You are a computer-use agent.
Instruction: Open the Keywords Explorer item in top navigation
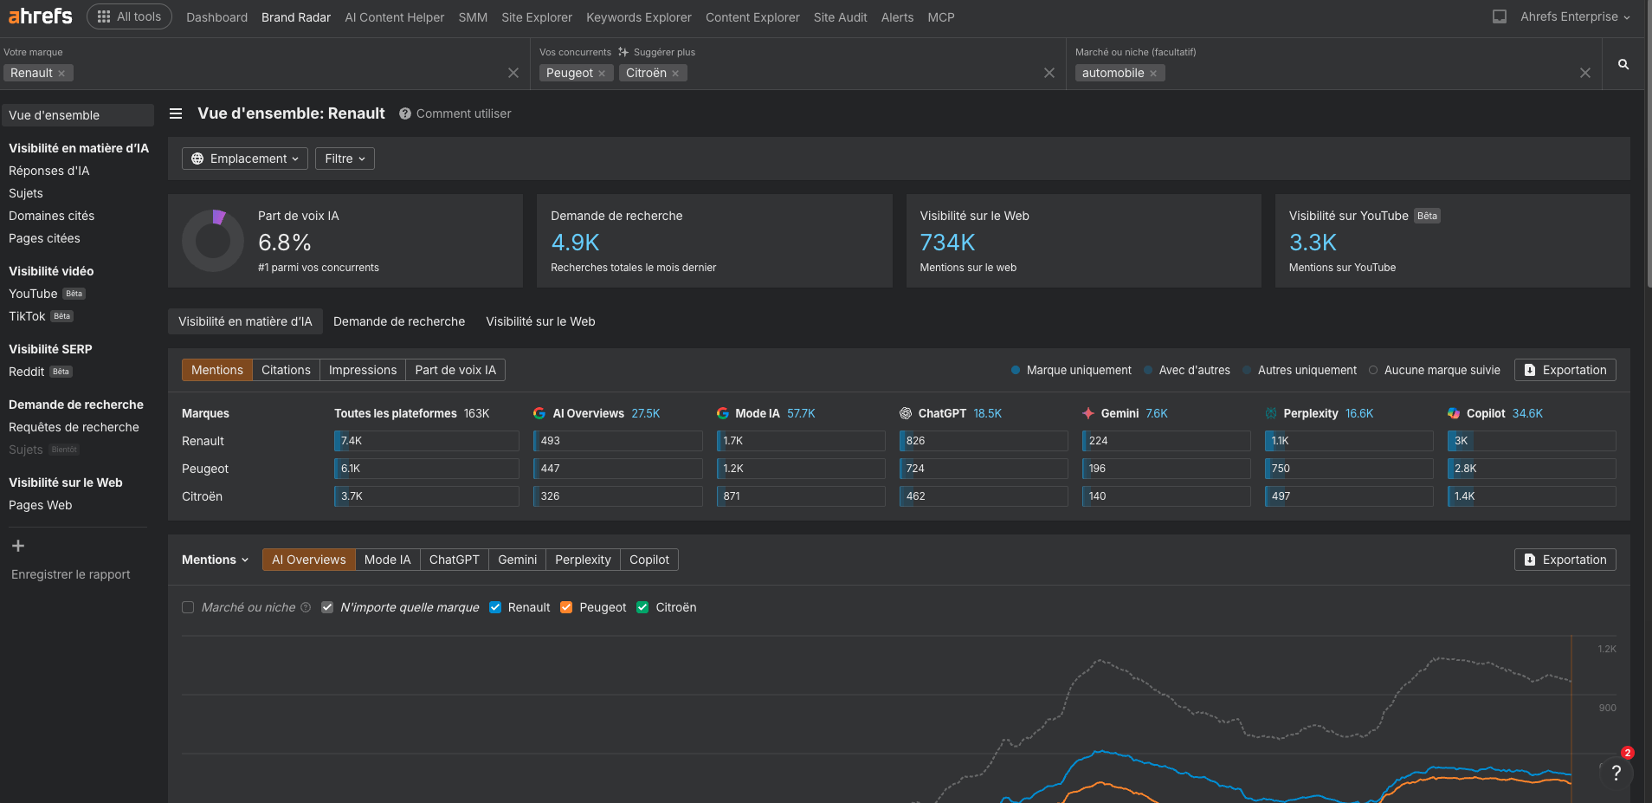click(x=638, y=17)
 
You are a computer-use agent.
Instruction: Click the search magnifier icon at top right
click(x=1623, y=64)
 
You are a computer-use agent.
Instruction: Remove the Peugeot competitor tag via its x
click(x=602, y=74)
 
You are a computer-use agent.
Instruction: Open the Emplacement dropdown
click(x=245, y=159)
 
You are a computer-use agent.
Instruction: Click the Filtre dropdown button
click(x=345, y=159)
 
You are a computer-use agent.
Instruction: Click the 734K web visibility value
click(x=947, y=243)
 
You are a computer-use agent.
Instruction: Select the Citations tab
click(x=286, y=370)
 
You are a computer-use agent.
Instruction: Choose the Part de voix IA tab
click(x=455, y=370)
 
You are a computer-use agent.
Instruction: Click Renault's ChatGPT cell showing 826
click(x=984, y=441)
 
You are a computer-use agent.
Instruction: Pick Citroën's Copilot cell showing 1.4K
click(x=1531, y=496)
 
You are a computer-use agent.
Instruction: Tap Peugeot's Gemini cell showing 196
click(x=1165, y=469)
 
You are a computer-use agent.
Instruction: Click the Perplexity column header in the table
click(x=1310, y=413)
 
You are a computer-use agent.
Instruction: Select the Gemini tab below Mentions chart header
click(x=517, y=560)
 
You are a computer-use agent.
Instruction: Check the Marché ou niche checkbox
click(x=188, y=607)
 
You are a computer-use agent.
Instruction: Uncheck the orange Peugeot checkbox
click(x=566, y=607)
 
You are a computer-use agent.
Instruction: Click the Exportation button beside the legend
click(x=1565, y=370)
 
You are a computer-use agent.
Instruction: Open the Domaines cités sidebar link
click(x=51, y=216)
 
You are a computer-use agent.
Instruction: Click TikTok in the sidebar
click(x=27, y=316)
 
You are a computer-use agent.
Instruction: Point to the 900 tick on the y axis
click(x=1607, y=708)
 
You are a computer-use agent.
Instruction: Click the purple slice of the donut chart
click(x=219, y=217)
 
